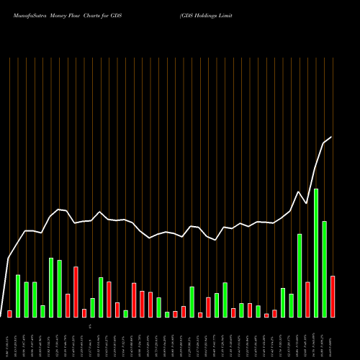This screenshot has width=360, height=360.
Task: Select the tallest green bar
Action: pyautogui.click(x=316, y=253)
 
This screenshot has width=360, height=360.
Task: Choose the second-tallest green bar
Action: pyautogui.click(x=300, y=275)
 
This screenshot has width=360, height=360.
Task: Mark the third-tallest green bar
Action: pyautogui.click(x=324, y=269)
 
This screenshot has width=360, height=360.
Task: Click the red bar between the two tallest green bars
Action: pyautogui.click(x=307, y=299)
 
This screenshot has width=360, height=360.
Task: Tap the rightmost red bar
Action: pyautogui.click(x=333, y=296)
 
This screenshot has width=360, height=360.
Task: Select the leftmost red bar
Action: pyautogui.click(x=10, y=313)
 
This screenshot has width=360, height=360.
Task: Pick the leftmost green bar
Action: pyautogui.click(x=18, y=295)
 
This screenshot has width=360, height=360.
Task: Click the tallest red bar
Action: pyautogui.click(x=76, y=292)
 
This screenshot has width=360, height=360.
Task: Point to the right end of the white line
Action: pyautogui.click(x=332, y=137)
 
